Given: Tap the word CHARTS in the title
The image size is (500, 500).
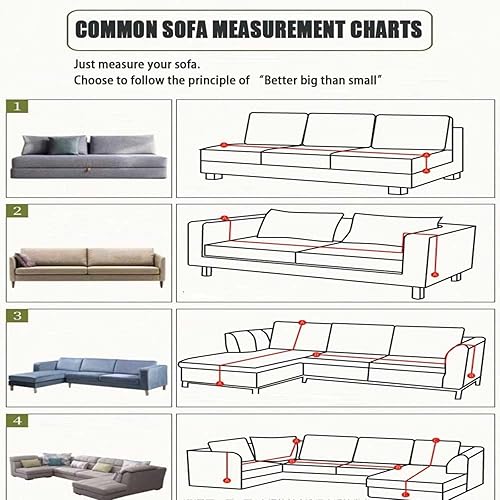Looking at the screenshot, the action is click(x=386, y=29).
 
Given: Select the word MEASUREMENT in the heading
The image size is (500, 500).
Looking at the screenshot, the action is click(x=279, y=29).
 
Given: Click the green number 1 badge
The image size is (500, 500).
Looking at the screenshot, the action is click(x=17, y=107).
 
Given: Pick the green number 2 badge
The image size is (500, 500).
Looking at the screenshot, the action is click(x=17, y=211).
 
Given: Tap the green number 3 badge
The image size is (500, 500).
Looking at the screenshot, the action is click(x=17, y=316).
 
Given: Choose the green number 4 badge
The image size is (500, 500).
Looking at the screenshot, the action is click(x=17, y=421).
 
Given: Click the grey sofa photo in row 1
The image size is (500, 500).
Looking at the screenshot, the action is click(x=89, y=156).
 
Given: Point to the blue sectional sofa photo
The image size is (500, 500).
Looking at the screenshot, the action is click(x=87, y=376).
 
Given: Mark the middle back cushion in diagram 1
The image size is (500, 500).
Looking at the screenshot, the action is click(x=339, y=130).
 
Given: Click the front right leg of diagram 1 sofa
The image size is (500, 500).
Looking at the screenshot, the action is click(x=398, y=191).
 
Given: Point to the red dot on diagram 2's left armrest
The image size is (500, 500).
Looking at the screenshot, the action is click(x=225, y=219).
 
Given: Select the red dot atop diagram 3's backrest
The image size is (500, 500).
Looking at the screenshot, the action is click(x=302, y=322).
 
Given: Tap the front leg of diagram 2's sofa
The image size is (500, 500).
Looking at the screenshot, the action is click(x=418, y=293).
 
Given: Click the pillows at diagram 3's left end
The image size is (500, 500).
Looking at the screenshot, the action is click(x=248, y=340).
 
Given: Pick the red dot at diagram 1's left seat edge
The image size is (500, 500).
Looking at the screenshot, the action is click(x=224, y=145).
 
